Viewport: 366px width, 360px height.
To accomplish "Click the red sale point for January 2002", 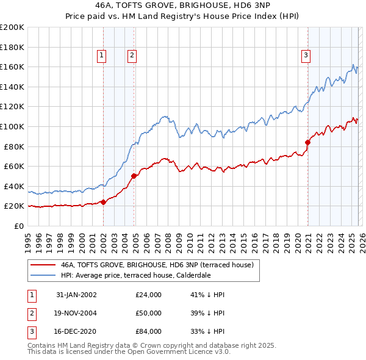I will [x=103, y=202].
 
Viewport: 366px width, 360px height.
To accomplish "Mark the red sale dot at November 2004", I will [x=134, y=176].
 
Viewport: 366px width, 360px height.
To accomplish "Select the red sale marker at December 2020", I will [x=307, y=142].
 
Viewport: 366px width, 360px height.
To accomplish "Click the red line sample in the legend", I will [x=43, y=265].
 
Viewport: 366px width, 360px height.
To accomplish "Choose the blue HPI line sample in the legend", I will [x=43, y=275].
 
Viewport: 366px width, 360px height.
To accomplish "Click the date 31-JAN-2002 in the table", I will [x=76, y=295].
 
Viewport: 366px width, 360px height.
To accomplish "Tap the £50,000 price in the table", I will [x=149, y=313].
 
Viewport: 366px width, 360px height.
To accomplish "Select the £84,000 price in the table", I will [x=149, y=331].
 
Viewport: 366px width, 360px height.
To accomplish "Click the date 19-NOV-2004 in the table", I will [x=76, y=313].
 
